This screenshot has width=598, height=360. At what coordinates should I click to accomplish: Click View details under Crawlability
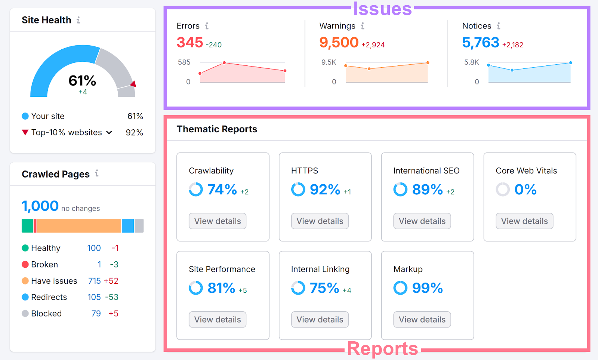tap(218, 221)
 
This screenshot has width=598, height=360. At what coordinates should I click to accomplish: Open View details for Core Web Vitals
tap(524, 221)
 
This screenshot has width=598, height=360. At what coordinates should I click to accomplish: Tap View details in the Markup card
tap(422, 320)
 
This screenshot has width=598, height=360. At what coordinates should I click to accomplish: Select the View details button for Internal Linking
tap(320, 320)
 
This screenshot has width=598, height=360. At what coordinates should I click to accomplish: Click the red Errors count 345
tap(190, 43)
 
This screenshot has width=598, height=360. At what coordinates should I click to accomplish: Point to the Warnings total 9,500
tap(339, 43)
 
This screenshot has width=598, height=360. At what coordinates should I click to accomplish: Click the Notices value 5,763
tap(481, 43)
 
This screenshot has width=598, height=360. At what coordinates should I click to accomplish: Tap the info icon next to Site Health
tap(78, 20)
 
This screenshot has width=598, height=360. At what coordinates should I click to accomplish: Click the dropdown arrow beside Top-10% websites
tap(109, 132)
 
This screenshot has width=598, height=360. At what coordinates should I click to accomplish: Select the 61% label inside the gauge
tap(82, 81)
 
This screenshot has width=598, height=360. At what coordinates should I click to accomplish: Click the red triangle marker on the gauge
tap(133, 84)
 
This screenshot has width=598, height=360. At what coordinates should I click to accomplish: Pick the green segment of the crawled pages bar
tap(27, 226)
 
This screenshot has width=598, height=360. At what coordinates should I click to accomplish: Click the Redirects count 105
tap(94, 297)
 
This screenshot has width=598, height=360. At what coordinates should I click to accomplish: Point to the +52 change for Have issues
tap(111, 281)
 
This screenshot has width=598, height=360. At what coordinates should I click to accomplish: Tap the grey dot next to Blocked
tap(25, 314)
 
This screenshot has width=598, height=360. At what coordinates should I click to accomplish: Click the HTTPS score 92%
tap(325, 190)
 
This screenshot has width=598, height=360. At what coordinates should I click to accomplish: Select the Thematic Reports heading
tap(217, 129)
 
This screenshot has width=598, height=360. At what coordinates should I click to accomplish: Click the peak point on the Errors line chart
tap(224, 63)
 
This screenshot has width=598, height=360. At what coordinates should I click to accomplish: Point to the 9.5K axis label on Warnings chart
tap(329, 62)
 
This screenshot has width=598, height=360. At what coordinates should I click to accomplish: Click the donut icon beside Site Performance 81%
tap(195, 288)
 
